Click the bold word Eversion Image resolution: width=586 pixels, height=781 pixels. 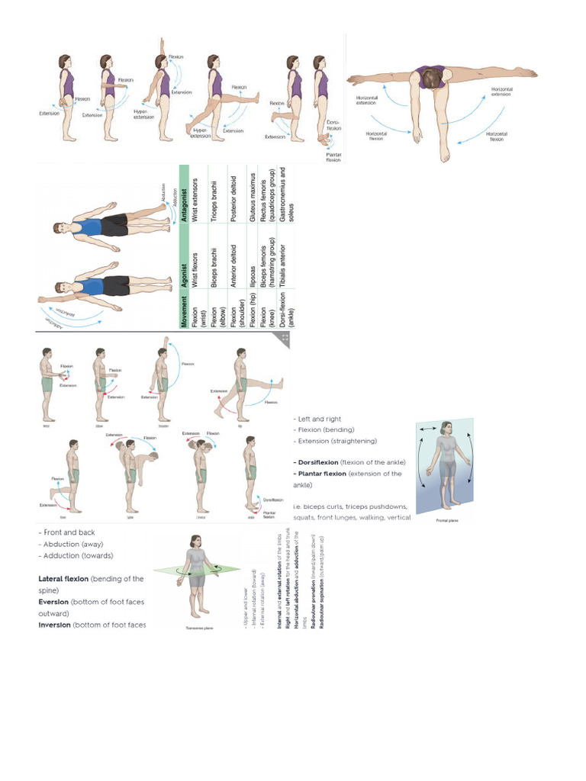(55, 602)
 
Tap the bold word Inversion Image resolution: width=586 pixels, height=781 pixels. (54, 625)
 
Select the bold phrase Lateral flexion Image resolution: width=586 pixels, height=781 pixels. (63, 579)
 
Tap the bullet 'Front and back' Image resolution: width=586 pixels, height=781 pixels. (68, 532)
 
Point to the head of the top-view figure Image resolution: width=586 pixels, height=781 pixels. (432, 77)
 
